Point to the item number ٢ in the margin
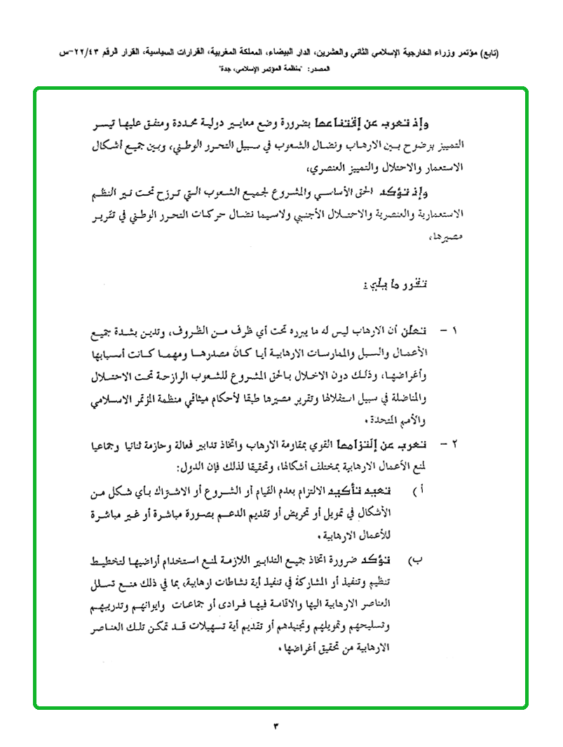click(x=453, y=444)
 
